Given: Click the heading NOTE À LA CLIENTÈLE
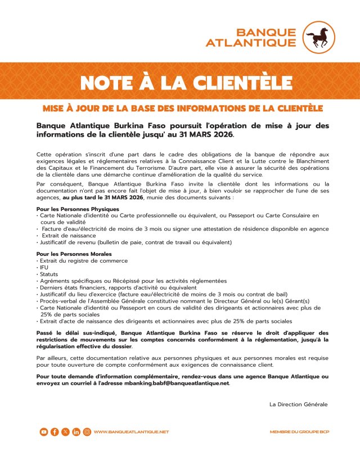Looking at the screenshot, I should [180, 82].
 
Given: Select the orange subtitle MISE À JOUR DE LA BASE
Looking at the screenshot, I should [180, 107].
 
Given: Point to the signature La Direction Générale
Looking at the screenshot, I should [298, 404].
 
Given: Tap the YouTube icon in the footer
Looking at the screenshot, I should [44, 431].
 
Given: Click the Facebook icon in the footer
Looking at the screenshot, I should [55, 431].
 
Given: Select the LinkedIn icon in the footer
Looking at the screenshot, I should [76, 431].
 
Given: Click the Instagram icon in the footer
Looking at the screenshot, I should [87, 431].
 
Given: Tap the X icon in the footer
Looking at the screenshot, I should [65, 431].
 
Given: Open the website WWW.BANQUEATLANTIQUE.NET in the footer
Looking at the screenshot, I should [131, 431].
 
